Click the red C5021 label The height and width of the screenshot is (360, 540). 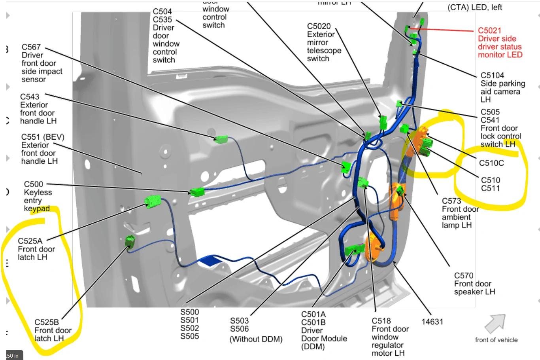click(489, 30)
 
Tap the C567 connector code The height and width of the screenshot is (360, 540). click(31, 47)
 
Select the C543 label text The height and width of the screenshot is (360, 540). click(30, 97)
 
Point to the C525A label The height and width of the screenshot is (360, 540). click(30, 241)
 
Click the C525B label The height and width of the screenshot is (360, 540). click(47, 322)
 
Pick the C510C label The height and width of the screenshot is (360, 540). click(491, 163)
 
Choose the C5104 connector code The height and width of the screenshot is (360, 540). click(492, 75)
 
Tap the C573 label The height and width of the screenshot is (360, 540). click(451, 201)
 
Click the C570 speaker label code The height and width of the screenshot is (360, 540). click(464, 275)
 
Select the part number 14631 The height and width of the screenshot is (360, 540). click(432, 322)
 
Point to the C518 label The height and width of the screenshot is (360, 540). click(381, 321)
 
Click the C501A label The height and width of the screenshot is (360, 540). click(313, 315)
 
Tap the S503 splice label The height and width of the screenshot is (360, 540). click(240, 320)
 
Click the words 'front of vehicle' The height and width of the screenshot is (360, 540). click(496, 340)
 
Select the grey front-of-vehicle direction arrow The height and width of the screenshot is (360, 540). click(495, 323)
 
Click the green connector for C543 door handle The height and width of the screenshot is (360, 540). click(221, 139)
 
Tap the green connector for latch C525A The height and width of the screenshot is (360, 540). click(153, 201)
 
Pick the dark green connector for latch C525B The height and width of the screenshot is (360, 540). click(130, 241)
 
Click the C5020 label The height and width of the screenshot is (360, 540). click(319, 26)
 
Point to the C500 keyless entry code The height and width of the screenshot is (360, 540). click(34, 184)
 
